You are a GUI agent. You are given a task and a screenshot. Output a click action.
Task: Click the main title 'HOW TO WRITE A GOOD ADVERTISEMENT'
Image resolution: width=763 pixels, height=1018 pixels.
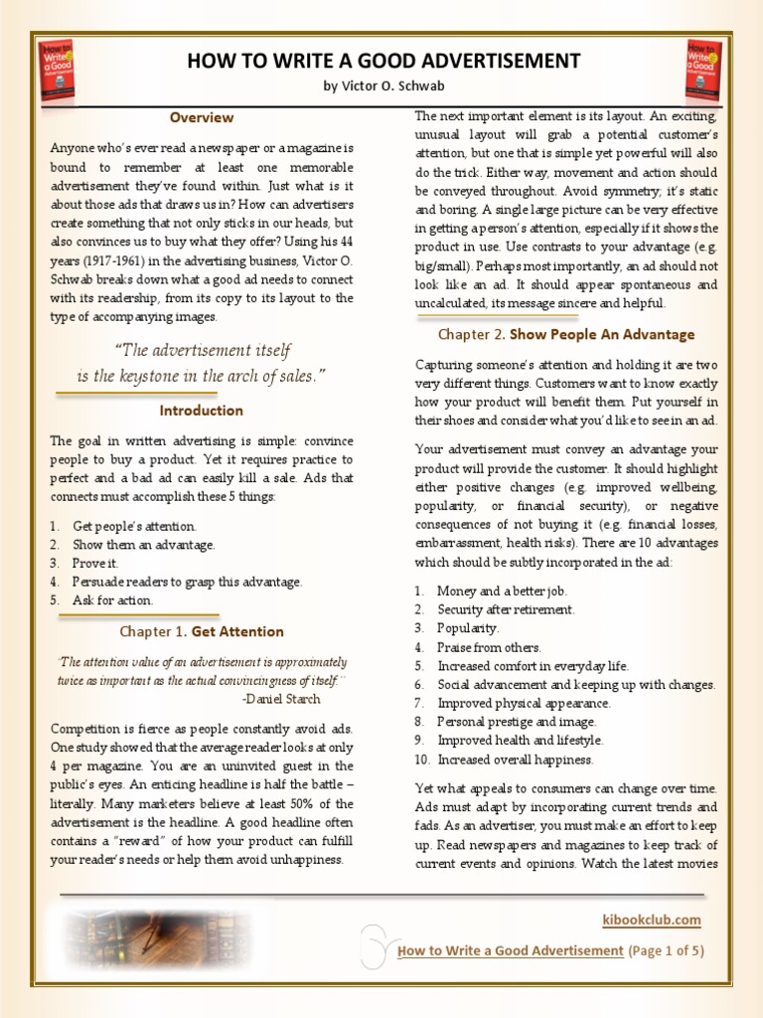[x=382, y=61]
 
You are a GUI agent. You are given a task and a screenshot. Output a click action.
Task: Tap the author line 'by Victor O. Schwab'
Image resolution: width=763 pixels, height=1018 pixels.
[x=382, y=86]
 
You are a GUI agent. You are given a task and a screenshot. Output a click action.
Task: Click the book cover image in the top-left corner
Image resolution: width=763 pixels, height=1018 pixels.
[x=57, y=70]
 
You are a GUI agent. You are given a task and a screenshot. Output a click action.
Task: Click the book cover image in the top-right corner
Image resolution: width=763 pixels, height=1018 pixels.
[x=704, y=70]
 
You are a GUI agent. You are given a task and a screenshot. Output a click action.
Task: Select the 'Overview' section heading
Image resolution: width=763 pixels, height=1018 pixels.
[x=201, y=117]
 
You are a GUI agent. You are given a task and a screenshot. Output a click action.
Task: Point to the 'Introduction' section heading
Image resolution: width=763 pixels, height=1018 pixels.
[x=201, y=410]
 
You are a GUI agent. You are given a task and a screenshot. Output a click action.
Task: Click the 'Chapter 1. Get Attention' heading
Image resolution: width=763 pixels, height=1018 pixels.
[x=201, y=631]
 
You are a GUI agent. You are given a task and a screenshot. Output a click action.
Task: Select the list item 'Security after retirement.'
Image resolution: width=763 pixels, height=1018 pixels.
[x=506, y=609]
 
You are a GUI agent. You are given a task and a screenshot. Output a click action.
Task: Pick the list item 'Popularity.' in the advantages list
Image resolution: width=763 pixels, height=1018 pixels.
[x=468, y=628]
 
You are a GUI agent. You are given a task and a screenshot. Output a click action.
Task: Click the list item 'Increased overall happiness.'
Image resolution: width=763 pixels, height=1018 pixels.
[x=515, y=760]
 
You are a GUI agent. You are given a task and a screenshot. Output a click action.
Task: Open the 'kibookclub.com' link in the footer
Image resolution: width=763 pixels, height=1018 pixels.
[x=652, y=920]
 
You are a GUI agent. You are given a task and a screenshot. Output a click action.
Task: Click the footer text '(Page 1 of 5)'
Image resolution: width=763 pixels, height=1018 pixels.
[x=667, y=950]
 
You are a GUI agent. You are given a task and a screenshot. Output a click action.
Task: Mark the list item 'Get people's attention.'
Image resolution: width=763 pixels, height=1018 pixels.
[x=134, y=526]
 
